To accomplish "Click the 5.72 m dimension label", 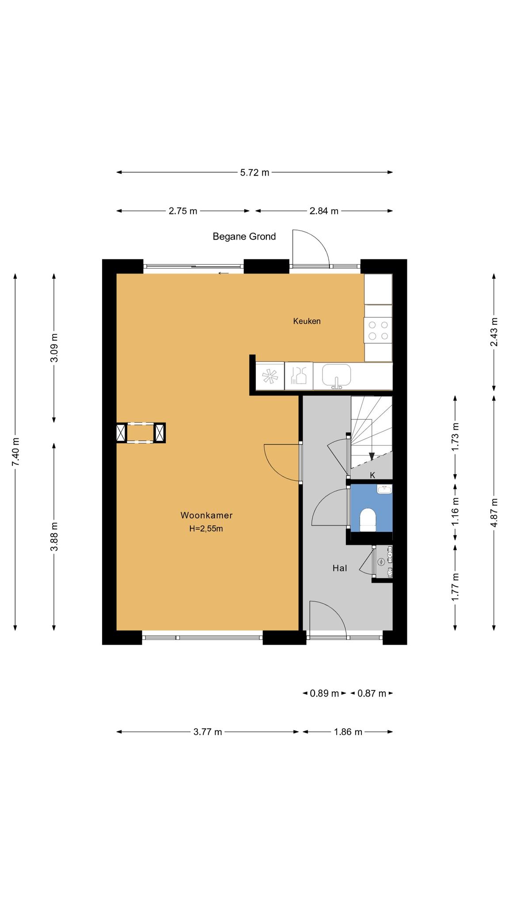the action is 254,173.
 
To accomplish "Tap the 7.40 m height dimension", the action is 16,452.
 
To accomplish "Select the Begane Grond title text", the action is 244,237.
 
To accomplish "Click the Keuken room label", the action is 307,321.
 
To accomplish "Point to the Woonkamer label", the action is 206,515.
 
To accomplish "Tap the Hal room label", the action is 340,569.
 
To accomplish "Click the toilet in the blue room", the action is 368,519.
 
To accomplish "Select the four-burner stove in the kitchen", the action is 378,331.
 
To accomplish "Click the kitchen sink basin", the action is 336,375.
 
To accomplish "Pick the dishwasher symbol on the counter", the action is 299,376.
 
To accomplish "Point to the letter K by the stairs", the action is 372,475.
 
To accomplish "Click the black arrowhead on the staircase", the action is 372,456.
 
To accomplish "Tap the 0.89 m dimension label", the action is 324,693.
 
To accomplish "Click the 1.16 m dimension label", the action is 456,511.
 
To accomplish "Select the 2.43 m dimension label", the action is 494,332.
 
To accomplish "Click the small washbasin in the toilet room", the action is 384,489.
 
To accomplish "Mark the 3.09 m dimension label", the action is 54,347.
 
